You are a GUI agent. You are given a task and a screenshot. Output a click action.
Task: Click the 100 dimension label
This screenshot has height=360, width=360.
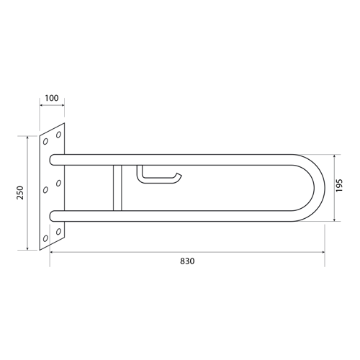tap(52, 98)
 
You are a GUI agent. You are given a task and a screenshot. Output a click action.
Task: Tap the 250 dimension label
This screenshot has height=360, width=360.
tap(20, 192)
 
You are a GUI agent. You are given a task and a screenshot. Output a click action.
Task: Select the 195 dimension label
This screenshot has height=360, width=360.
tap(339, 185)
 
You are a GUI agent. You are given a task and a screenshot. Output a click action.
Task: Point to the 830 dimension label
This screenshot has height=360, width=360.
tap(187, 261)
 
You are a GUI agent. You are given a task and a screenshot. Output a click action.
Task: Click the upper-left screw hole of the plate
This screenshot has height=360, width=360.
tap(45, 142)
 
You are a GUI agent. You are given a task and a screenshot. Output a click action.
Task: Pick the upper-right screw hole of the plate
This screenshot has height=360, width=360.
tap(58, 135)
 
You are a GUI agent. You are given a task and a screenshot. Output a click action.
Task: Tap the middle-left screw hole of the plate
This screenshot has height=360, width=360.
tap(45, 190)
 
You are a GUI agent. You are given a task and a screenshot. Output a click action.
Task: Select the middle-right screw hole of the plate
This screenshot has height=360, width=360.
tap(58, 184)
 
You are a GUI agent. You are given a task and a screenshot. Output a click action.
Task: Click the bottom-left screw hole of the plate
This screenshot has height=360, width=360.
tap(45, 238)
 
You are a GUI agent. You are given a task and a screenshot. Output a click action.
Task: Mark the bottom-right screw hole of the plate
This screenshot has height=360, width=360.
tap(58, 232)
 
